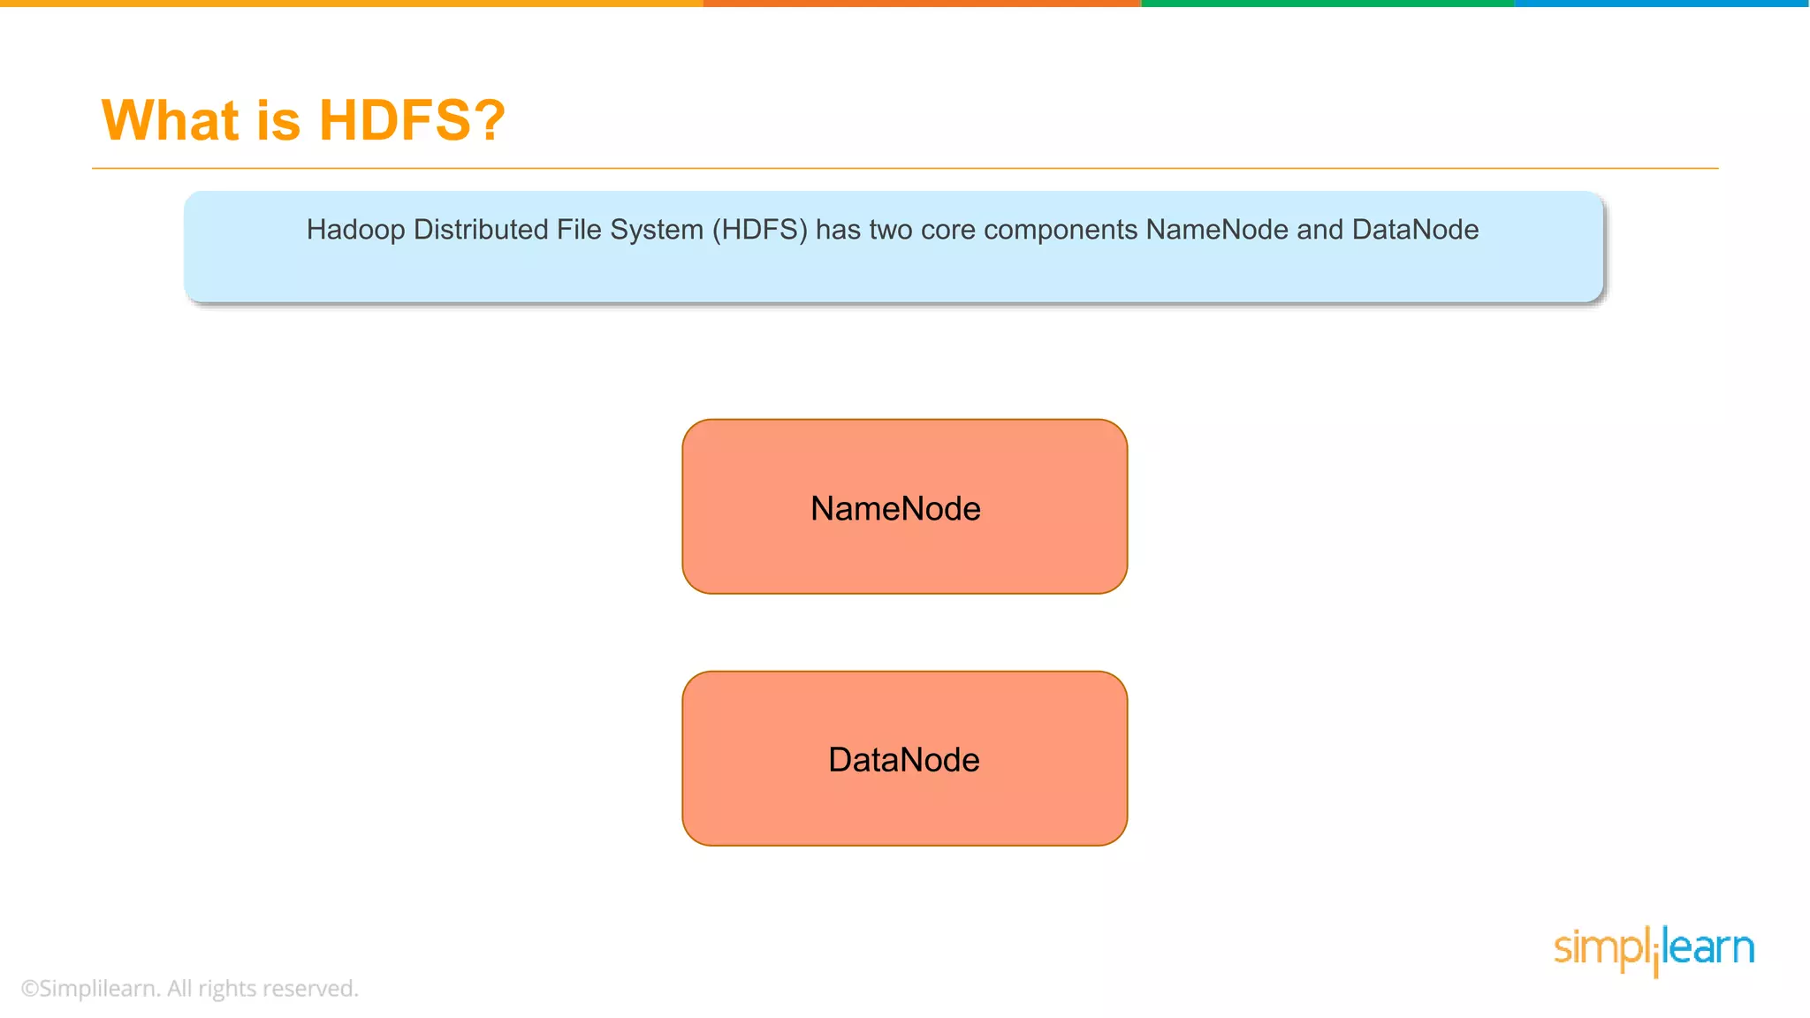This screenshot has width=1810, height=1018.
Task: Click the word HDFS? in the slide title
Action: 412,120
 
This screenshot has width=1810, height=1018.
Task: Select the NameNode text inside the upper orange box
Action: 895,509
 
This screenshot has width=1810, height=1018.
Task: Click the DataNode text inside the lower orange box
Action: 903,760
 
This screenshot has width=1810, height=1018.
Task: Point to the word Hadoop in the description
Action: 355,230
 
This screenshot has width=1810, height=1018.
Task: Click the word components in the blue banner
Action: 1061,230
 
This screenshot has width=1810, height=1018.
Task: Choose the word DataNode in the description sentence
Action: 1415,230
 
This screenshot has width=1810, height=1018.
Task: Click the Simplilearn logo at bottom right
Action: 1654,949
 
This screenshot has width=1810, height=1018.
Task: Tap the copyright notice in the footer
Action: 189,988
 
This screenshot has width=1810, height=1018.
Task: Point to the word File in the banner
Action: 579,230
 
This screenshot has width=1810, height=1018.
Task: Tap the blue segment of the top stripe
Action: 1662,4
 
